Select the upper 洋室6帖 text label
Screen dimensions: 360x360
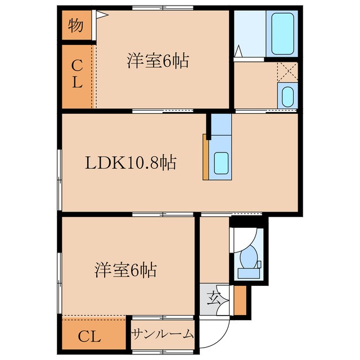(157, 61)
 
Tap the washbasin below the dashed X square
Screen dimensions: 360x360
(286, 96)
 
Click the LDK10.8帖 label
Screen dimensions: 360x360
(131, 163)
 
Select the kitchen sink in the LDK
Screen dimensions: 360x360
(221, 164)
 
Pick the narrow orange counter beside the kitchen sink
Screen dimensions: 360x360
(206, 157)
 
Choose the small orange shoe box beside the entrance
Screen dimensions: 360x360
(240, 301)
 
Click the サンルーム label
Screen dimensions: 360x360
(163, 334)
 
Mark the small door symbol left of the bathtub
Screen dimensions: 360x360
(238, 52)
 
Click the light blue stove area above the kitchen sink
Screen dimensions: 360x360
(221, 125)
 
